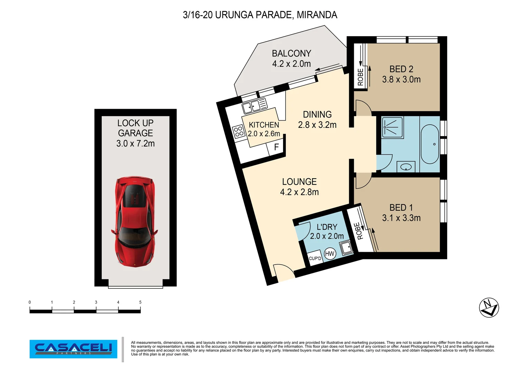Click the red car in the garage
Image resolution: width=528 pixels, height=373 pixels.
click(135, 221)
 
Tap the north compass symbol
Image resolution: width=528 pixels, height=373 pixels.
click(489, 307)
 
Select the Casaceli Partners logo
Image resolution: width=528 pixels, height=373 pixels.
click(73, 349)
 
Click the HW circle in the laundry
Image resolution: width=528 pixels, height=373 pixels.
click(330, 254)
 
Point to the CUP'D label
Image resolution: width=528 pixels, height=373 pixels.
click(315, 259)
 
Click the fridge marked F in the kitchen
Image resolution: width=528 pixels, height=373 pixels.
click(276, 147)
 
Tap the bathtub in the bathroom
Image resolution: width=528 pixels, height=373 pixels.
click(430, 144)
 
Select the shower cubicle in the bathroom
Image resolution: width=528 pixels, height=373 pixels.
click(393, 127)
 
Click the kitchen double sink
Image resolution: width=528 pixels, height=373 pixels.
click(255, 105)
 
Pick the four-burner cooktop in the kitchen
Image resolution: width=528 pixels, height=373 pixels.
click(238, 132)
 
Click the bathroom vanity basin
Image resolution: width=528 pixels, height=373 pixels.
click(406, 167)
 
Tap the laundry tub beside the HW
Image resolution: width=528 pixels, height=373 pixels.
click(346, 248)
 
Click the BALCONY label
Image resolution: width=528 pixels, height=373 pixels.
click(291, 54)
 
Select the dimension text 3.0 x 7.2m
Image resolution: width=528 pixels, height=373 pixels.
click(135, 143)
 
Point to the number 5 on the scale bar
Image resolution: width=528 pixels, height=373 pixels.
click(140, 302)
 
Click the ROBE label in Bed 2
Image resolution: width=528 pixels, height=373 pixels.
click(360, 77)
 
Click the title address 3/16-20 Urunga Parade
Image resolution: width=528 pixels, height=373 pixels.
click(260, 15)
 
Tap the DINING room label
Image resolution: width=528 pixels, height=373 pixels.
click(317, 115)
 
